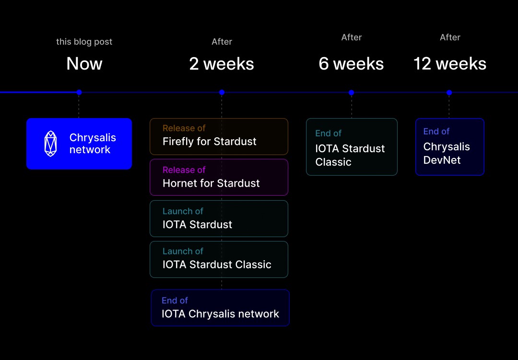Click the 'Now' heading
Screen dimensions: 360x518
pyautogui.click(x=84, y=64)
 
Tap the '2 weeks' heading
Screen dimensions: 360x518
pyautogui.click(x=222, y=64)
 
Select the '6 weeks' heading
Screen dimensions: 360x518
pyautogui.click(x=351, y=64)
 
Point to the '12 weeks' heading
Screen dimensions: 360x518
pyautogui.click(x=450, y=64)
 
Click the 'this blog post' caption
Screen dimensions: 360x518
pyautogui.click(x=84, y=42)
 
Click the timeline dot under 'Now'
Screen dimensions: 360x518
pyautogui.click(x=79, y=92)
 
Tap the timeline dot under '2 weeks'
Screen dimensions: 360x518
pyautogui.click(x=222, y=92)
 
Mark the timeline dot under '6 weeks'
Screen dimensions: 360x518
pyautogui.click(x=351, y=92)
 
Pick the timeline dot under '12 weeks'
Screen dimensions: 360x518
pyautogui.click(x=449, y=92)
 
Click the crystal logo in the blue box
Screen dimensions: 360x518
pyautogui.click(x=50, y=144)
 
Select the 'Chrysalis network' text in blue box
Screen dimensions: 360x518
pyautogui.click(x=93, y=144)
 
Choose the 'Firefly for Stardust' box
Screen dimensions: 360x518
pyautogui.click(x=219, y=136)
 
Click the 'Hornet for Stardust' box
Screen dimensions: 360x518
pyautogui.click(x=219, y=177)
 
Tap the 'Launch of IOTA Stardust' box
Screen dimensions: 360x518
pyautogui.click(x=219, y=218)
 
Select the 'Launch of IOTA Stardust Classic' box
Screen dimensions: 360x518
pyautogui.click(x=219, y=259)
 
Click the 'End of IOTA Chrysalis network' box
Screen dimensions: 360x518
pyautogui.click(x=220, y=308)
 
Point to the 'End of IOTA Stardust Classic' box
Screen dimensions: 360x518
pyautogui.click(x=352, y=147)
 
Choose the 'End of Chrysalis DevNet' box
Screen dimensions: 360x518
pyautogui.click(x=449, y=147)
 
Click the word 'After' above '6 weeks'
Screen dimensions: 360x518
pyautogui.click(x=351, y=37)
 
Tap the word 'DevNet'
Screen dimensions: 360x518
pyautogui.click(x=442, y=160)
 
